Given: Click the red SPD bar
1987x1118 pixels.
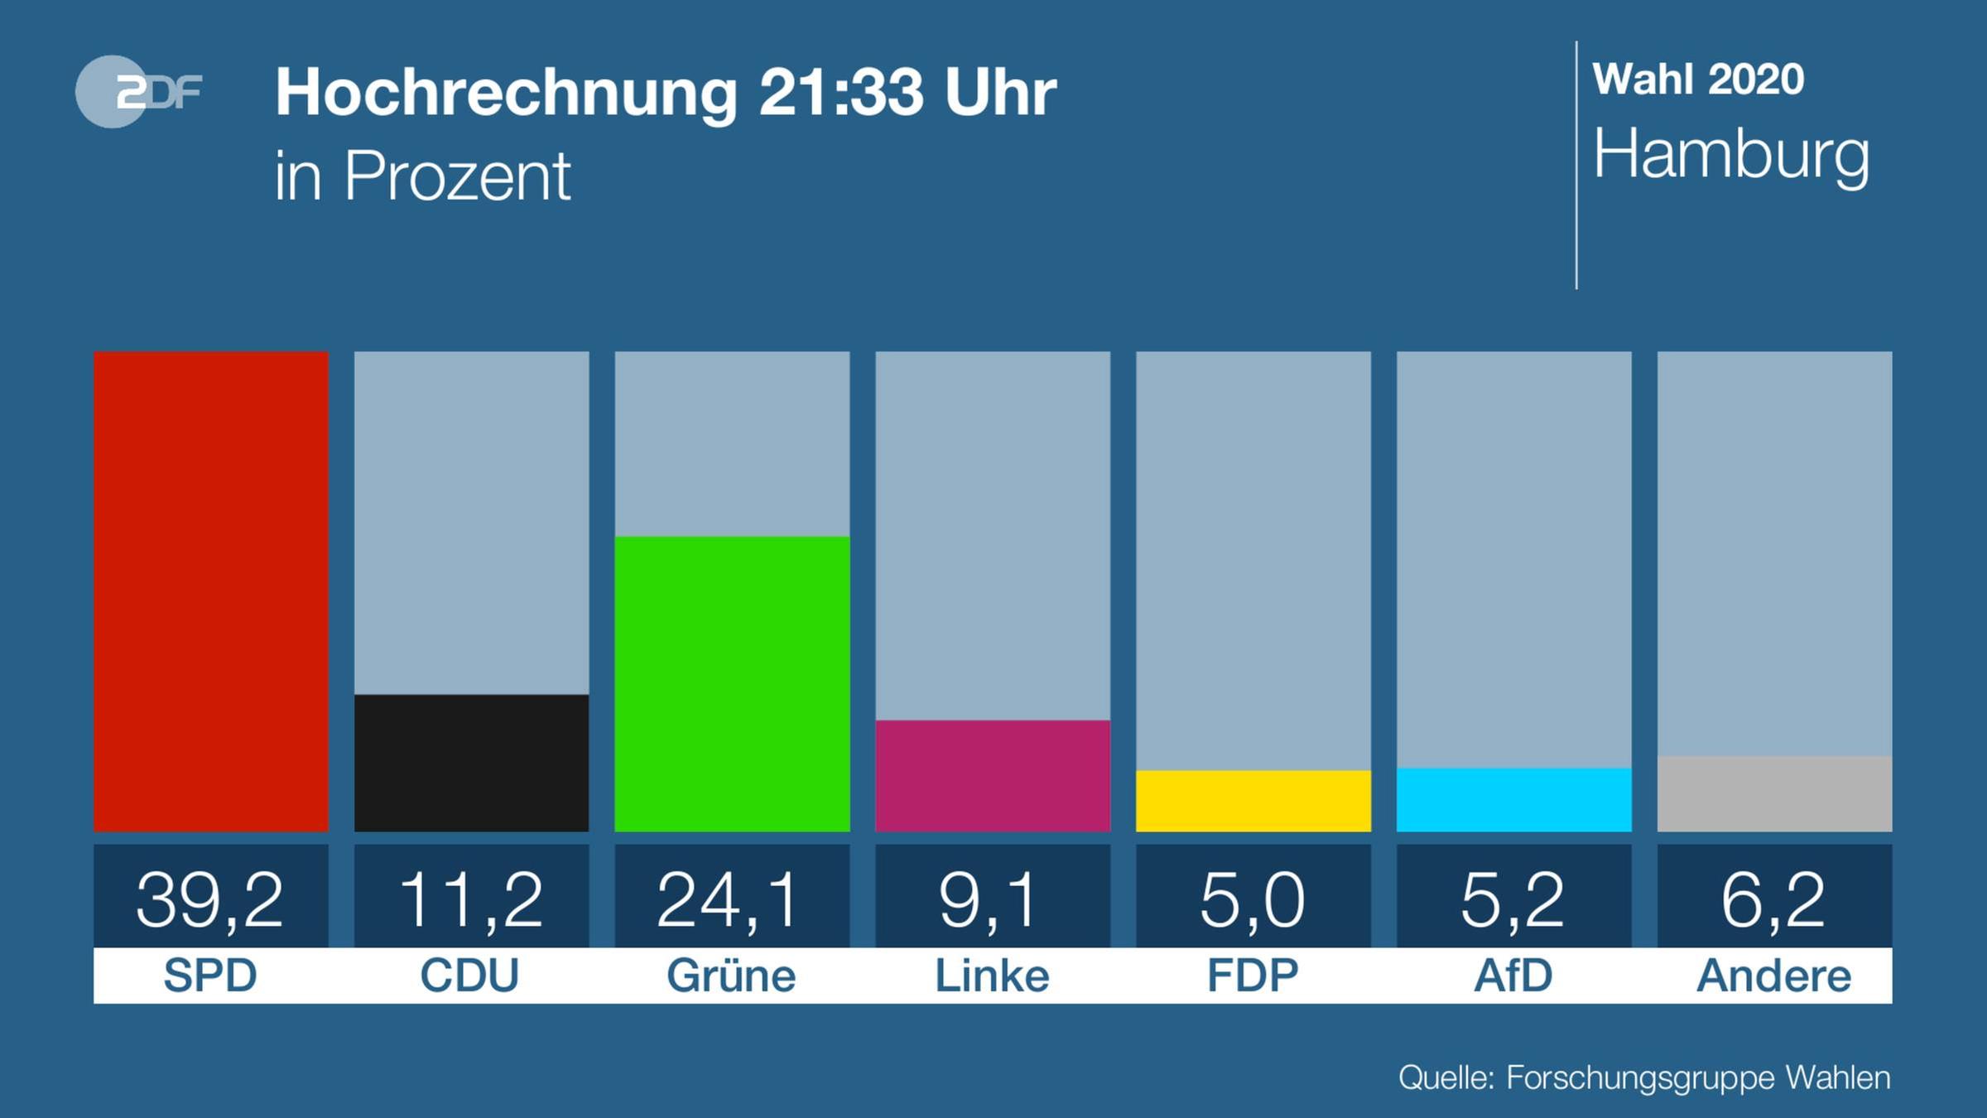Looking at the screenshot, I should click(210, 591).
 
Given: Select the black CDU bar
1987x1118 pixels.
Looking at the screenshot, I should click(471, 763).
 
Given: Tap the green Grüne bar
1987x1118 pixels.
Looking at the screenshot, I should click(732, 684).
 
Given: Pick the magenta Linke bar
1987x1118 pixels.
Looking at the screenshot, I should click(992, 776).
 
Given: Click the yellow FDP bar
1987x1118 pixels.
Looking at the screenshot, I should click(1253, 801).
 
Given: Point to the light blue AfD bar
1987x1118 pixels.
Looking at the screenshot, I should click(1513, 800).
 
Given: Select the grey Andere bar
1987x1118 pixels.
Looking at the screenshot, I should click(1774, 793).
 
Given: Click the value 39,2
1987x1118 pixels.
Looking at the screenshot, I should click(210, 899).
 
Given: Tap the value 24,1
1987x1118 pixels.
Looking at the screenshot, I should click(729, 899).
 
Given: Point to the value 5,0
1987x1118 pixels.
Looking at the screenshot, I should click(1252, 899).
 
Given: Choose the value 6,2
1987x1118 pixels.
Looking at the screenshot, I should click(1773, 899).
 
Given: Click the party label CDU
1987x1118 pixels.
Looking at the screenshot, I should click(469, 976).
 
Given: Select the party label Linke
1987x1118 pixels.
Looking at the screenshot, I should click(992, 976).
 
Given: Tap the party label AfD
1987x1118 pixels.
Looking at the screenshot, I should click(1513, 976).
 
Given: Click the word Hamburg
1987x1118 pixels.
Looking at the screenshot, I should click(1731, 156).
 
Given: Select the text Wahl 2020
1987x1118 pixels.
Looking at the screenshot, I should click(1698, 80).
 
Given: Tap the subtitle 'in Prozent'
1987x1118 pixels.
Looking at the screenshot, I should click(422, 176).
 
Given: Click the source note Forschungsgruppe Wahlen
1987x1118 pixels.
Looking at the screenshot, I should click(1697, 1078).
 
